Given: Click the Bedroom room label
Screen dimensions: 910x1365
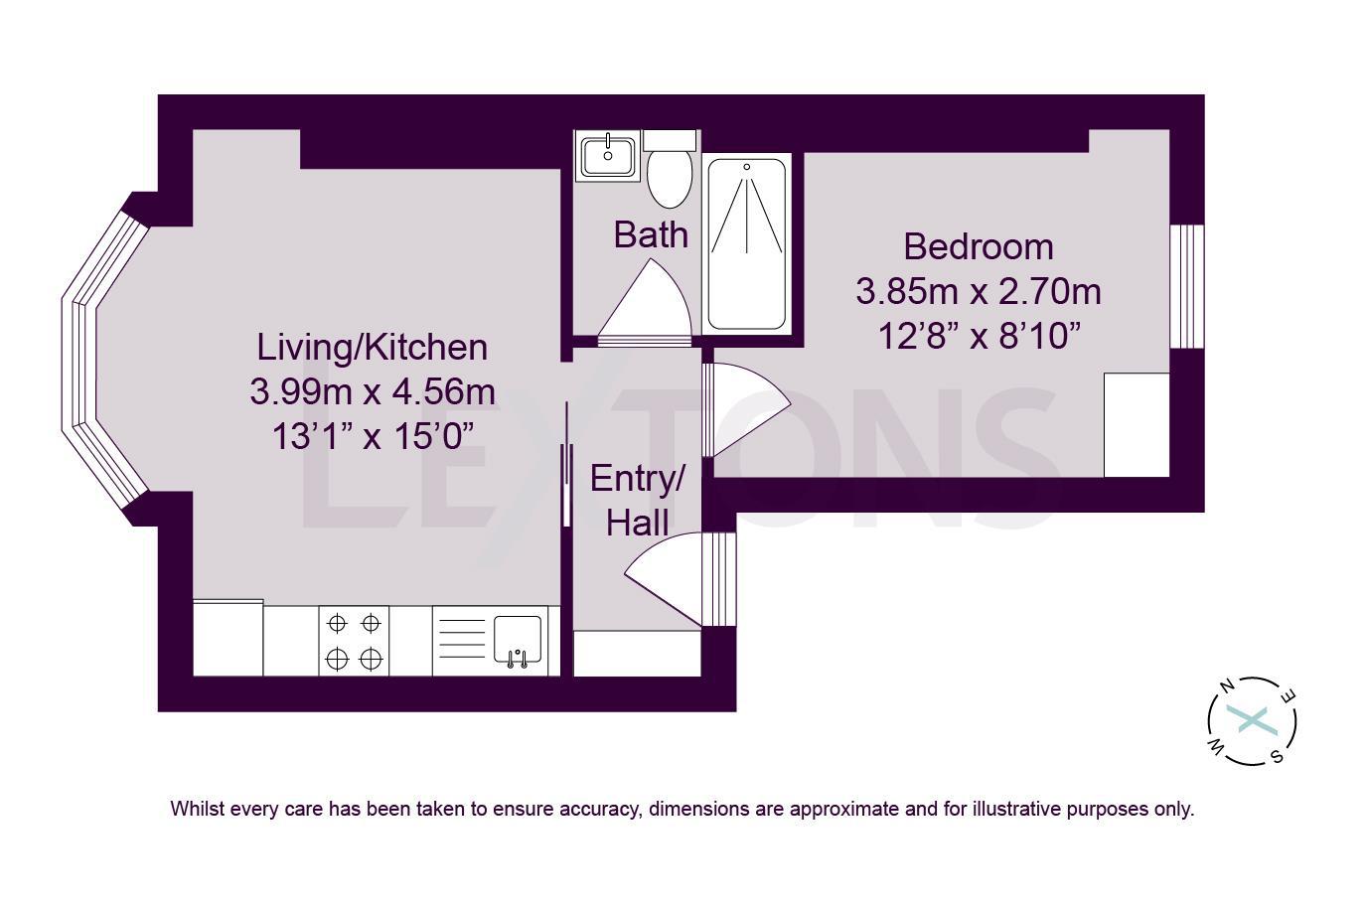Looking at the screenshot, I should point(978,246).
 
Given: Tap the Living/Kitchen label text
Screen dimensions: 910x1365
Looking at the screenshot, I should point(372,347).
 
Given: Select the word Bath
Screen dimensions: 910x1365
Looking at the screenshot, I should point(650,235).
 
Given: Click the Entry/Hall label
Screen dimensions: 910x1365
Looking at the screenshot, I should point(637,501).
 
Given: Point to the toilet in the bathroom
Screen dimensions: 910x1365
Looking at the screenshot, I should point(670,175).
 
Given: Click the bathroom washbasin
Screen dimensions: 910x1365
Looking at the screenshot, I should point(607,155).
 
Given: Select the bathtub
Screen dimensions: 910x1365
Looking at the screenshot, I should point(746,243).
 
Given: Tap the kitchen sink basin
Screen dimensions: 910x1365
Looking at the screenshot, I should point(517,639).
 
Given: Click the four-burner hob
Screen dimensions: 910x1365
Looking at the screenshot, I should point(354,641).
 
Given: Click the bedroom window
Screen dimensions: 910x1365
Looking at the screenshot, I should point(1186,286).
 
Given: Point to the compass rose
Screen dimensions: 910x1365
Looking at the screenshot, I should point(1252,721).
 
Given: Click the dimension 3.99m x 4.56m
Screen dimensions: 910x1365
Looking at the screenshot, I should point(372,391).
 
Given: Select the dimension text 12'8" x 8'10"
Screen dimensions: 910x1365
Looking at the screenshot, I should point(978,336).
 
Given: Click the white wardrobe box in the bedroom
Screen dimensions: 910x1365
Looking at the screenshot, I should point(1137,425).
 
